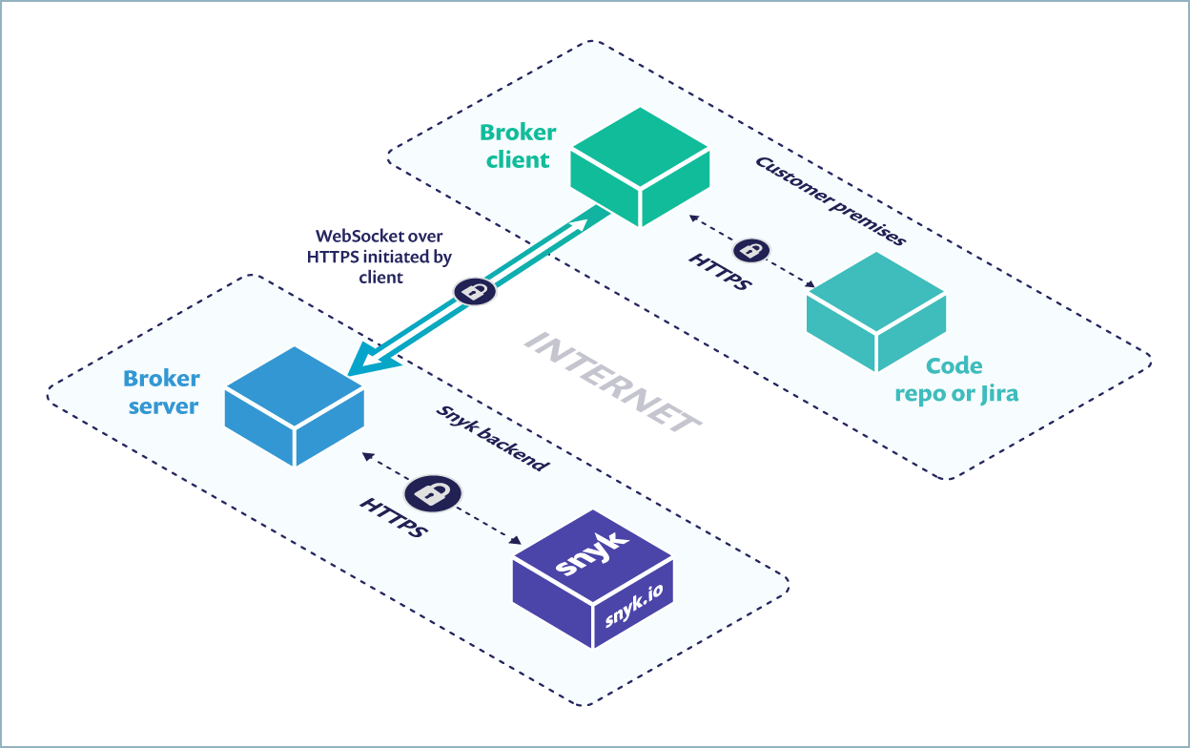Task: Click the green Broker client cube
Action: coord(640,167)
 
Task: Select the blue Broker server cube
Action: coord(294,405)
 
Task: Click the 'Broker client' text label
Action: coord(518,146)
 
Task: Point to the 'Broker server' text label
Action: coord(161,392)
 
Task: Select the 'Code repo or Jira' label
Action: coord(954,380)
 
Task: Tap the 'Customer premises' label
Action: coord(830,201)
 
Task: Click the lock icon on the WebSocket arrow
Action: coord(474,289)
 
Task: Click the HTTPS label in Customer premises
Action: coord(720,273)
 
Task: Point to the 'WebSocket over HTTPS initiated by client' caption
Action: coord(380,257)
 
